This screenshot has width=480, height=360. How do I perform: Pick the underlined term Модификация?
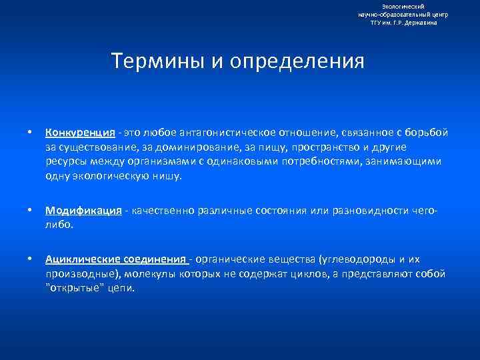[83, 211]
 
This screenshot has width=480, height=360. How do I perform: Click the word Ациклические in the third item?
[83, 259]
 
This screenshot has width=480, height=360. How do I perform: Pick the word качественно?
[161, 211]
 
